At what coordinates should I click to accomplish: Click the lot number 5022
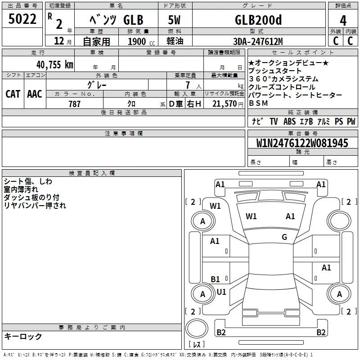click(x=22, y=19)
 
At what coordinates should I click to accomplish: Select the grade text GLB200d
click(x=258, y=20)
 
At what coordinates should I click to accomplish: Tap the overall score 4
click(x=343, y=21)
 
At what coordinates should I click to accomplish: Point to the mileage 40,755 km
click(x=55, y=65)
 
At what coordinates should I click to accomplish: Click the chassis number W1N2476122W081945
click(x=302, y=143)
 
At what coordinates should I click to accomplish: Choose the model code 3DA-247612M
click(x=258, y=41)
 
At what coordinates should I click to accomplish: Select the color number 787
click(x=74, y=104)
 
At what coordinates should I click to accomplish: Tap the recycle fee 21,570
click(x=224, y=104)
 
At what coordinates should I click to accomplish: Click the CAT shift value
click(x=13, y=94)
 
